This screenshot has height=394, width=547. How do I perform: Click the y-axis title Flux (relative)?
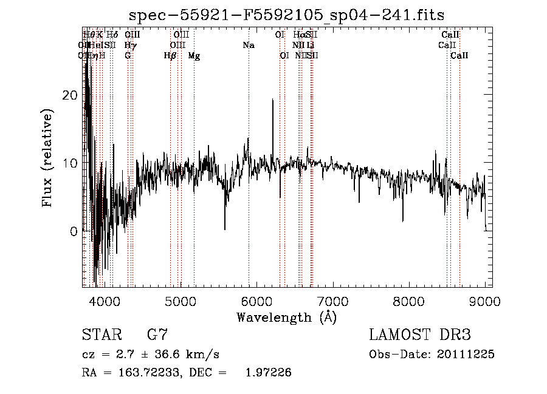coord(47,157)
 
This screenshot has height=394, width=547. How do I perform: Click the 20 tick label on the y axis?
coord(71,95)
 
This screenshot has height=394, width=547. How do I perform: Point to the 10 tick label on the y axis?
coord(71,163)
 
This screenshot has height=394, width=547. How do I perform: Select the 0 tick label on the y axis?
coord(75,231)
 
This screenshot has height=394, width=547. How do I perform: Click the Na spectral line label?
coord(248,45)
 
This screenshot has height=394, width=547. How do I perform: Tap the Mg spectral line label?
coord(194,56)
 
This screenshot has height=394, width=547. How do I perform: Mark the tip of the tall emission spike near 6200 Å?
coord(273,100)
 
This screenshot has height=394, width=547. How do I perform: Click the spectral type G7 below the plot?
coord(157,335)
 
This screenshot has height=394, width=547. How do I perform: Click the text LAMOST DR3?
coord(420,335)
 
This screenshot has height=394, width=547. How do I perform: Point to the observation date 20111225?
coord(463,354)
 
